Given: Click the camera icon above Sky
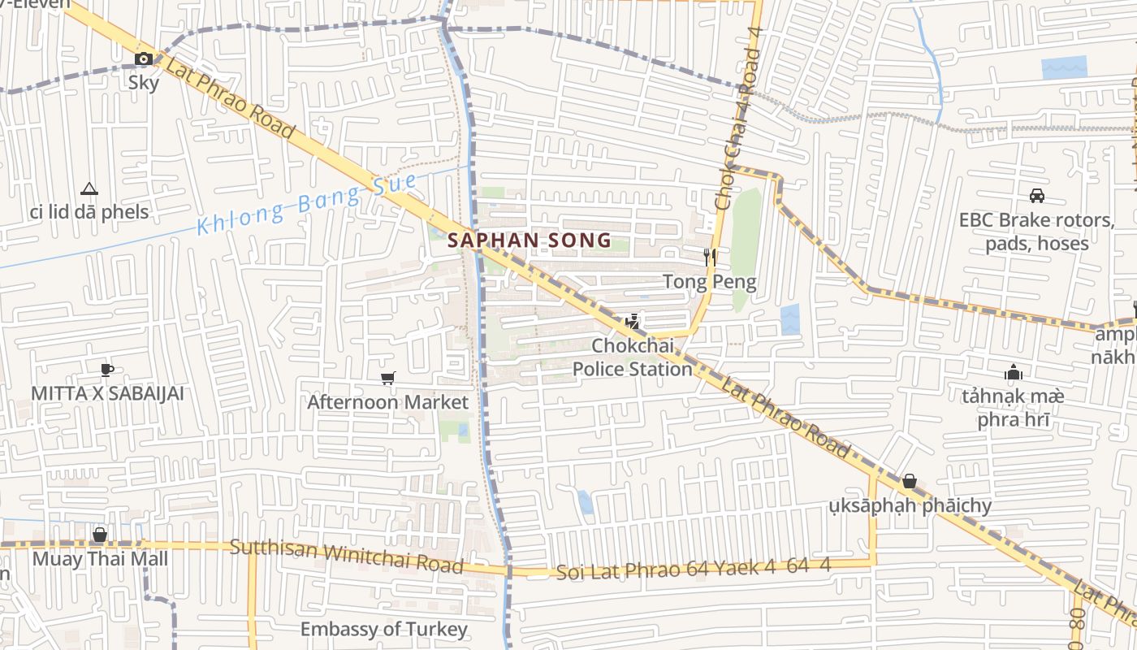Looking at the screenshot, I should [144, 58].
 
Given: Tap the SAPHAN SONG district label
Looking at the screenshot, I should [530, 240].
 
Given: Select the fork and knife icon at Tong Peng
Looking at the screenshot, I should [711, 258].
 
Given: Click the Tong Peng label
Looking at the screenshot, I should [710, 282].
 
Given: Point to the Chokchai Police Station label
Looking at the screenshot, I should [633, 357].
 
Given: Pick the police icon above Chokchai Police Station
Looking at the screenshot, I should [633, 322].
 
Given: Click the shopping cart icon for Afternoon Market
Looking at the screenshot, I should [387, 378].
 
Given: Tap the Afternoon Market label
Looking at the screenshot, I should [387, 402].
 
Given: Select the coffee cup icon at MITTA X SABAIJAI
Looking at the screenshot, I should [106, 370].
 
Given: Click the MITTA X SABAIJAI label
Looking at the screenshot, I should [107, 394].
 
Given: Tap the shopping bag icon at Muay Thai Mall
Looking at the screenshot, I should [100, 535].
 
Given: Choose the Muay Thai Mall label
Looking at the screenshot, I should [100, 559].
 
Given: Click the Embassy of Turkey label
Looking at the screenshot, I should [383, 629].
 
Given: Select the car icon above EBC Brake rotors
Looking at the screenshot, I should [1036, 195].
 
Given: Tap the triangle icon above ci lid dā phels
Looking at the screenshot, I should [89, 189].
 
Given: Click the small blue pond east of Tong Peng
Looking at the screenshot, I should [789, 319].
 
